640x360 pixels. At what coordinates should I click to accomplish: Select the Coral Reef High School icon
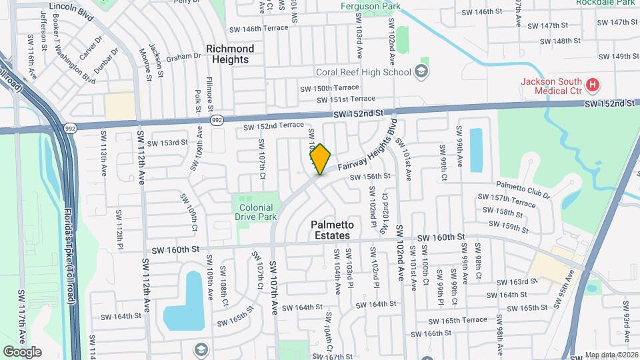(421, 71)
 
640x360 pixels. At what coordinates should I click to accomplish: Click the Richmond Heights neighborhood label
(230, 54)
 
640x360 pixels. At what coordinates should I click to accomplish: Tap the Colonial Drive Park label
(257, 212)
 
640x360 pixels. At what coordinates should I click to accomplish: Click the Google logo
(22, 352)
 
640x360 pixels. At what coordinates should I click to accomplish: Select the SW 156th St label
(372, 176)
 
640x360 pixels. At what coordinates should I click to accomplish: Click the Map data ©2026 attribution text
(611, 355)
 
